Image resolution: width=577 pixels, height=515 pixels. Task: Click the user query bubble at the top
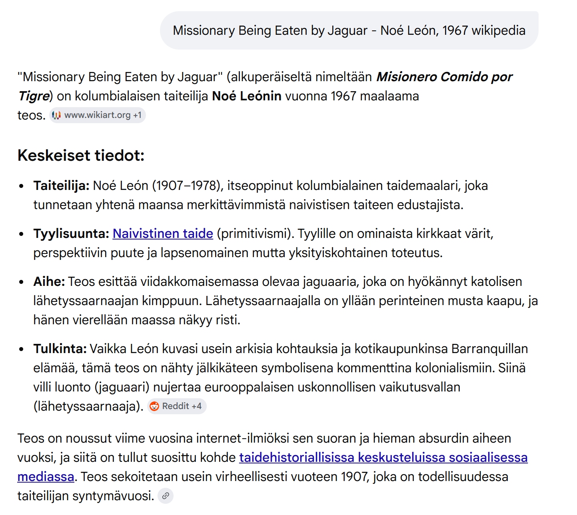[349, 30]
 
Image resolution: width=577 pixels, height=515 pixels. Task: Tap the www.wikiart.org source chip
[98, 115]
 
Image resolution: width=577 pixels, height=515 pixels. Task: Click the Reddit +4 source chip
[177, 406]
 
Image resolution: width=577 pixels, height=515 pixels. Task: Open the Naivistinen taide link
[163, 234]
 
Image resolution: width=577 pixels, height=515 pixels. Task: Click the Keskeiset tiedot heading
[81, 156]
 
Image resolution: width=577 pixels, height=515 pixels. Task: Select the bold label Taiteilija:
[61, 186]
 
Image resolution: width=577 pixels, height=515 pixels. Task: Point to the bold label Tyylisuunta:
[71, 234]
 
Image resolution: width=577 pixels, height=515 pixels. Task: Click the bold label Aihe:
[49, 281]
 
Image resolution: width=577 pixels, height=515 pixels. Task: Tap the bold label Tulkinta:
[60, 349]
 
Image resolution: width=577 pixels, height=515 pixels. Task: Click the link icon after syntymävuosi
[166, 496]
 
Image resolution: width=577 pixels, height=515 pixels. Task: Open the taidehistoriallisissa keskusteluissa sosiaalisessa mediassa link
[383, 457]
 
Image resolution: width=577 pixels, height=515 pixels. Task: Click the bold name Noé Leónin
[246, 96]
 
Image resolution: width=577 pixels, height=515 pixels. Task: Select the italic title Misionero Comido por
[444, 77]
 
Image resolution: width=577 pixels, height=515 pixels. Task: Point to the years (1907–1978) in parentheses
[188, 186]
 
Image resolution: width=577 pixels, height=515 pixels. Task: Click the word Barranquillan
[489, 349]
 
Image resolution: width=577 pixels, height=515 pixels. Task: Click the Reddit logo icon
[154, 406]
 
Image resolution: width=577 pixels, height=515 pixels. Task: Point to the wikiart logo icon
[56, 115]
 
